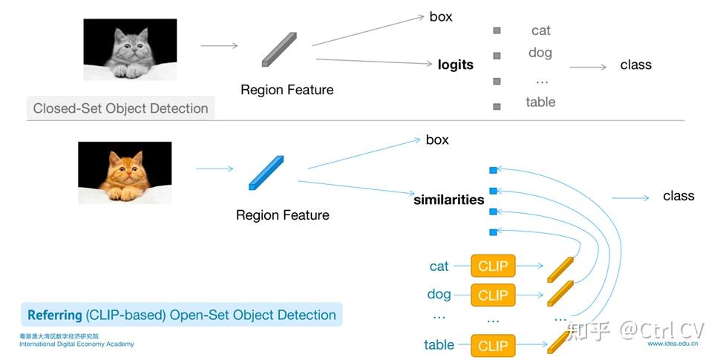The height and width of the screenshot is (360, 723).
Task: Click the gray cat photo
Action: pos(130,49)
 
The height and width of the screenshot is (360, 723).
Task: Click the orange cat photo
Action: pos(125,172)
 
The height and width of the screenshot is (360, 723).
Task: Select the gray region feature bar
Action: pos(279,50)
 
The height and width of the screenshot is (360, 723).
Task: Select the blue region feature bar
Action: pos(266,173)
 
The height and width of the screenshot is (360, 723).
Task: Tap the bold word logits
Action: pos(456,65)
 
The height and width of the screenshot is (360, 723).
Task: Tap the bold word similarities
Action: pos(449,200)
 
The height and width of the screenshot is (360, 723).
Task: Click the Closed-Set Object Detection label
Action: pos(121,108)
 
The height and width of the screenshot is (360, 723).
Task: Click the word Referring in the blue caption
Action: pos(54,315)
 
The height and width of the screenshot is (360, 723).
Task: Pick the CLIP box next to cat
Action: pos(493,266)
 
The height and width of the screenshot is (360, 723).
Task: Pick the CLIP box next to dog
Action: pos(493,295)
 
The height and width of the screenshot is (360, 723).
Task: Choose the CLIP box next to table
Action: pos(493,346)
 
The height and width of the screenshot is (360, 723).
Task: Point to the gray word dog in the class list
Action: pos(540,53)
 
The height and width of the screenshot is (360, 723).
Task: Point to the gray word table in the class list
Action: pos(540,102)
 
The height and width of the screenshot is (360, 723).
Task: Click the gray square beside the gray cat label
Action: pos(497,30)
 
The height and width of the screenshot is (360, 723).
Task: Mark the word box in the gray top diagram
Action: pos(441,16)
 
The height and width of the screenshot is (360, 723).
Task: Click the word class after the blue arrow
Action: pos(678,195)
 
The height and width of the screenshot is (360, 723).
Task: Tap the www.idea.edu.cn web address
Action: pos(673,344)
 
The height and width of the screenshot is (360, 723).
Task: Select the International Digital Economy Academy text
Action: pos(76,344)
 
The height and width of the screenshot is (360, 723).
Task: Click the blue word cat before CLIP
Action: pos(439,266)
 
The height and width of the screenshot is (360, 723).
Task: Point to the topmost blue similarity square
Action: pos(493,170)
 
